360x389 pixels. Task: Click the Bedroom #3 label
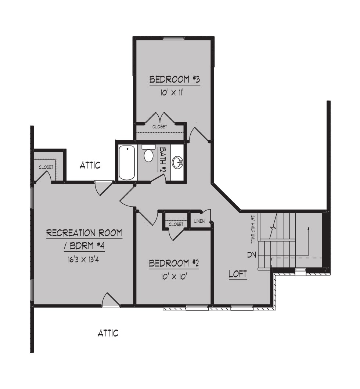[175, 80]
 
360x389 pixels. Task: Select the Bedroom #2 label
[174, 263]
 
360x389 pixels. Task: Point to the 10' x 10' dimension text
[174, 276]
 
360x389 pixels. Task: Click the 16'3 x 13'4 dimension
[83, 259]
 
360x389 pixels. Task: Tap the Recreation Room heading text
[84, 233]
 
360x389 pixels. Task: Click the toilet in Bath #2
[148, 153]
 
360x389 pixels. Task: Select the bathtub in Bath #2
[127, 163]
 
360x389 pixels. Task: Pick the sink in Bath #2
[178, 163]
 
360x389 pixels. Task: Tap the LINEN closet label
[199, 221]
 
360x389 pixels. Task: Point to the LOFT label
[238, 274]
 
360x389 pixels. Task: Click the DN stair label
[252, 255]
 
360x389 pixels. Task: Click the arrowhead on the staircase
[308, 228]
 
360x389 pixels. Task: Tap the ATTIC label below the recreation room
[108, 333]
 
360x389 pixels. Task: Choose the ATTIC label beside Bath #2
[90, 165]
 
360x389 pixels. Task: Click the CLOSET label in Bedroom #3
[160, 127]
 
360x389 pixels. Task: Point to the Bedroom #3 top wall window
[174, 38]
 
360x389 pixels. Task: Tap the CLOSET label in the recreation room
[46, 167]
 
